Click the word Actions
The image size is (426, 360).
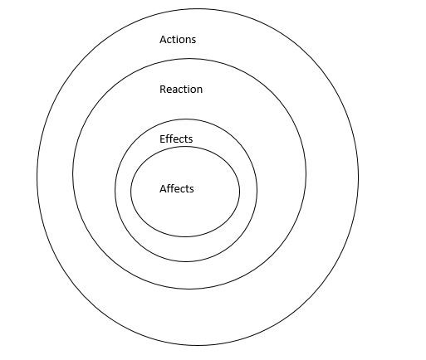[x=178, y=40]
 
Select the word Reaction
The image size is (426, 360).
[x=181, y=90]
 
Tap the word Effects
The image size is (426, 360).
[x=176, y=139]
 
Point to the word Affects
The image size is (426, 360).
[x=177, y=188]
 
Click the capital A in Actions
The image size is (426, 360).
[x=163, y=40]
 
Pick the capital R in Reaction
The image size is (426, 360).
[x=164, y=90]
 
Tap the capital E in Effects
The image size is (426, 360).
[x=163, y=139]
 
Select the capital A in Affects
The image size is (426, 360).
[x=163, y=189]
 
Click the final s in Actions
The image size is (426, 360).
[x=193, y=41]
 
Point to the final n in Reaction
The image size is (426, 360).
[x=199, y=90]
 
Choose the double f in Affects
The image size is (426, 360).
[x=171, y=188]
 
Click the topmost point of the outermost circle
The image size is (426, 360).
[x=198, y=8]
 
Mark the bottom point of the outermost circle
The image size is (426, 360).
[x=198, y=346]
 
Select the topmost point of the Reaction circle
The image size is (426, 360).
[x=190, y=59]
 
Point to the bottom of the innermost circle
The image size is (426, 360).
[x=185, y=237]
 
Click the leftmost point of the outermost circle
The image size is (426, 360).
[x=37, y=177]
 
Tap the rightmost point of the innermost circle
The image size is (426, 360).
[x=240, y=192]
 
